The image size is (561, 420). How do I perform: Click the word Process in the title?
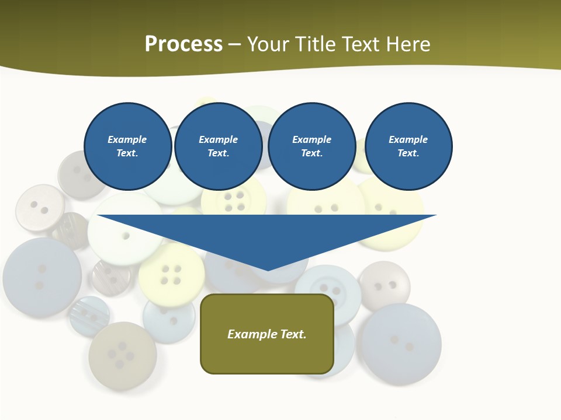click(183, 44)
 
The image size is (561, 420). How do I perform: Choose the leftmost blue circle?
click(127, 146)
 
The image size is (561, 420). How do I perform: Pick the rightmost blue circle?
click(408, 146)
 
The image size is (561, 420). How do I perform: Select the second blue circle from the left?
click(219, 146)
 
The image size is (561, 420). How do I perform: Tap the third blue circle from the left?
click(312, 146)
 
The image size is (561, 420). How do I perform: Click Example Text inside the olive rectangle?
click(267, 334)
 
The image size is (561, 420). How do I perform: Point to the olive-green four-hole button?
click(122, 354)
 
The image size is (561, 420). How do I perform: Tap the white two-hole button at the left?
click(39, 208)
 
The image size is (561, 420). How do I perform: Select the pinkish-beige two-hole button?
click(385, 285)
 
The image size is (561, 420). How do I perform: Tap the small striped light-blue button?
click(89, 316)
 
